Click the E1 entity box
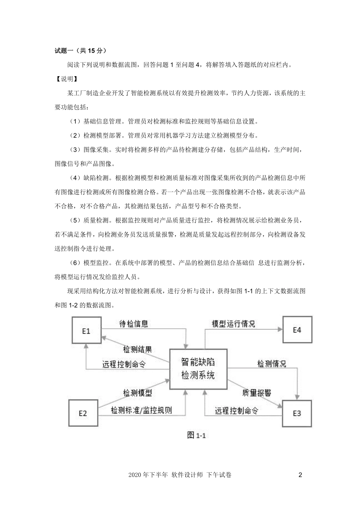[86, 331]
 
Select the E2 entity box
[83, 413]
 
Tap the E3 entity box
[297, 413]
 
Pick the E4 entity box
[297, 330]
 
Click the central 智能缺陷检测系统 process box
[198, 369]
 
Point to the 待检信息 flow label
[133, 324]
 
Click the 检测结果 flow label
[138, 349]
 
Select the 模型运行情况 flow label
[233, 324]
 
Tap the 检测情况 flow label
[272, 364]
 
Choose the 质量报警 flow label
[257, 393]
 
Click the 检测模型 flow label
[138, 393]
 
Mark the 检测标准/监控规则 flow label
[141, 410]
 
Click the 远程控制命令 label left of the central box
[124, 364]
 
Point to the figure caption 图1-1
[196, 435]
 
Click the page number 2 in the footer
[301, 475]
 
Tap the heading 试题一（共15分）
[80, 50]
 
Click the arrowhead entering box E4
[281, 329]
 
